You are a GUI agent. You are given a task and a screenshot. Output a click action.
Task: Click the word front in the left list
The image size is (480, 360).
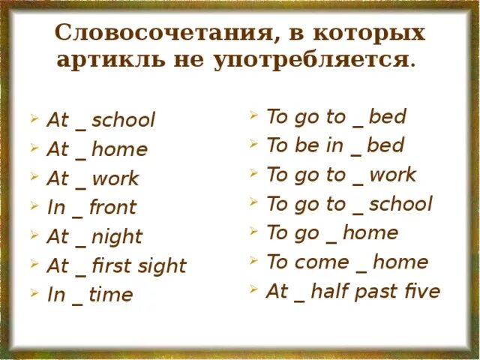tap(112, 208)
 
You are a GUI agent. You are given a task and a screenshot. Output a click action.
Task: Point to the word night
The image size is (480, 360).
tap(117, 238)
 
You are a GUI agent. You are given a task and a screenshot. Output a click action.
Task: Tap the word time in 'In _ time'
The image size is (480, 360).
tap(110, 295)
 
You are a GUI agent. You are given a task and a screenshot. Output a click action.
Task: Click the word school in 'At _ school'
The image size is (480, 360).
tap(123, 120)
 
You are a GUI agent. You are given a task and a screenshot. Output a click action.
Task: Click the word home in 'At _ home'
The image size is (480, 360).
tap(119, 149)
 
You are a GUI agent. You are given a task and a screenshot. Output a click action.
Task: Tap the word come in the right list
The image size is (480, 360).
tap(322, 262)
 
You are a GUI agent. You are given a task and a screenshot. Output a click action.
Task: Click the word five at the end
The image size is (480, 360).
tap(419, 291)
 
